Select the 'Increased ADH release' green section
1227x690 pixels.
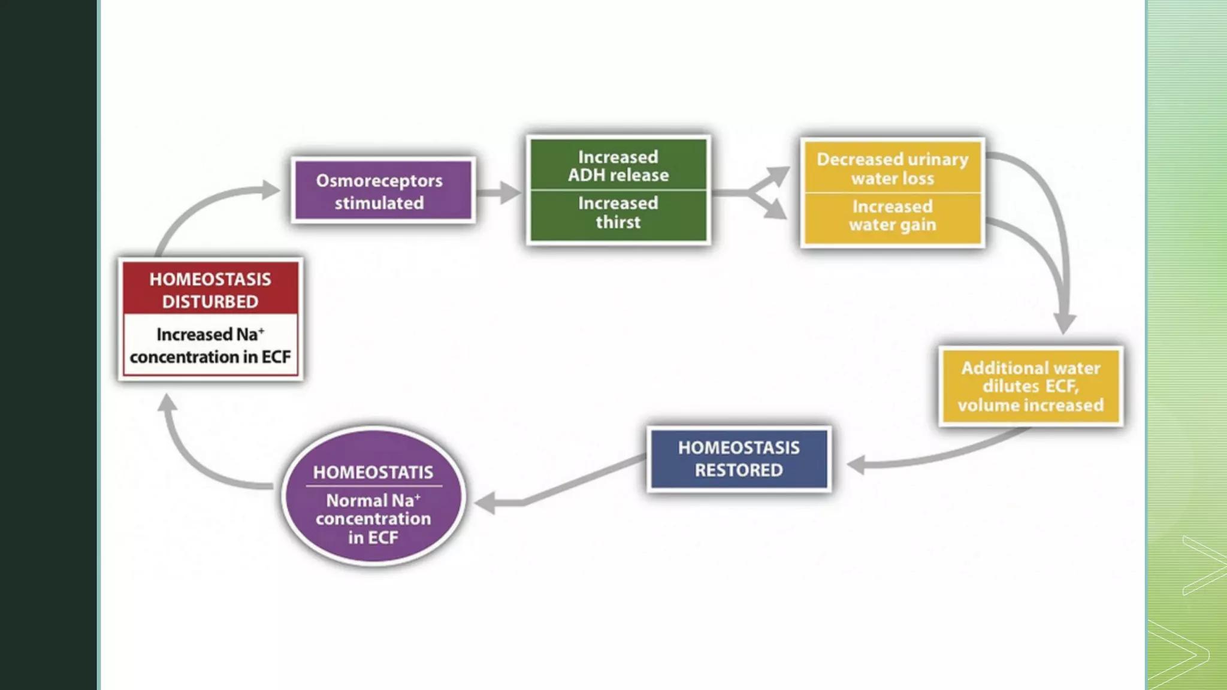[618, 165]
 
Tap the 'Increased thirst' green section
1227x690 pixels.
[618, 213]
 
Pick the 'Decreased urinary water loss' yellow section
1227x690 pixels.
[892, 168]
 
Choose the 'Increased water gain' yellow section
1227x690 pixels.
[892, 216]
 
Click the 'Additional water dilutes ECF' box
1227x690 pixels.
[1030, 386]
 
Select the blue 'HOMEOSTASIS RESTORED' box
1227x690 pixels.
[739, 459]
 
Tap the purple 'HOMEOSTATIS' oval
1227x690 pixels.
[373, 496]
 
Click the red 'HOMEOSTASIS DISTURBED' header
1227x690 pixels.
[210, 290]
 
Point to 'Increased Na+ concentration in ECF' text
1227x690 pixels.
[210, 345]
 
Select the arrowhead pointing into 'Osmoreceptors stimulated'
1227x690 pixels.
[271, 190]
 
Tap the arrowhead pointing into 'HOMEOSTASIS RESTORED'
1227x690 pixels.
[857, 464]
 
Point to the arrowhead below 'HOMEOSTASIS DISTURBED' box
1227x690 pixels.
[168, 402]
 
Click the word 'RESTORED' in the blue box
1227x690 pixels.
[739, 470]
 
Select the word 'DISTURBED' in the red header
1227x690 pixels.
[210, 302]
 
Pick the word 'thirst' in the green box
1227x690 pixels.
[618, 222]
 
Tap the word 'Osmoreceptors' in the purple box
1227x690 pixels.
[379, 180]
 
